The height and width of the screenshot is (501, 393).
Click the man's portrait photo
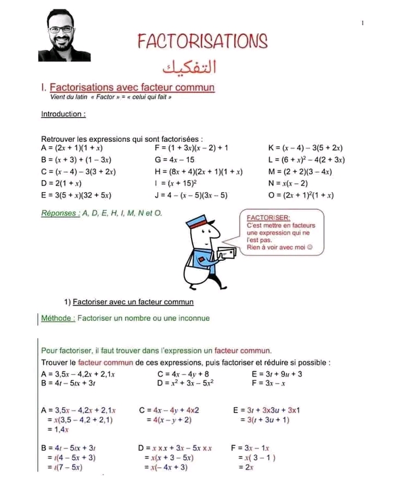pos(63,35)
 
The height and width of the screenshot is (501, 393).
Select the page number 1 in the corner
pos(362,22)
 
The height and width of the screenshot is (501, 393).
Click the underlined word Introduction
pos(63,115)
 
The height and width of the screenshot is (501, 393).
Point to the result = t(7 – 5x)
pos(65,468)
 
